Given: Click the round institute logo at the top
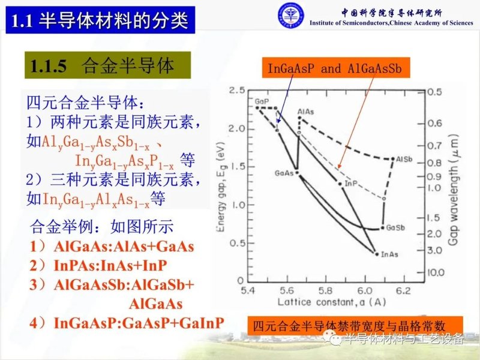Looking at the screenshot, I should tap(290, 16).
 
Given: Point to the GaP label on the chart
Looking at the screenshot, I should tap(262, 101).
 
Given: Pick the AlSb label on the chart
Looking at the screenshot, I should tap(403, 160).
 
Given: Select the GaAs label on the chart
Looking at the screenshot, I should tap(283, 173).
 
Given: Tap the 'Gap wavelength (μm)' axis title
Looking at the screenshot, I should tap(461, 180).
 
